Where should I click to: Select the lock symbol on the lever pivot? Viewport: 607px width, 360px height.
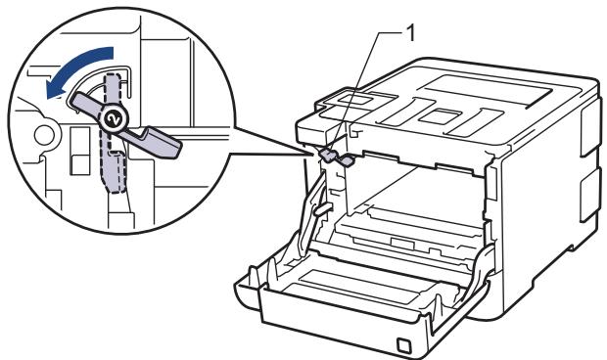tap(112, 117)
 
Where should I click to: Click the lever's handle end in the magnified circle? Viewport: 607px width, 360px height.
tap(166, 146)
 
